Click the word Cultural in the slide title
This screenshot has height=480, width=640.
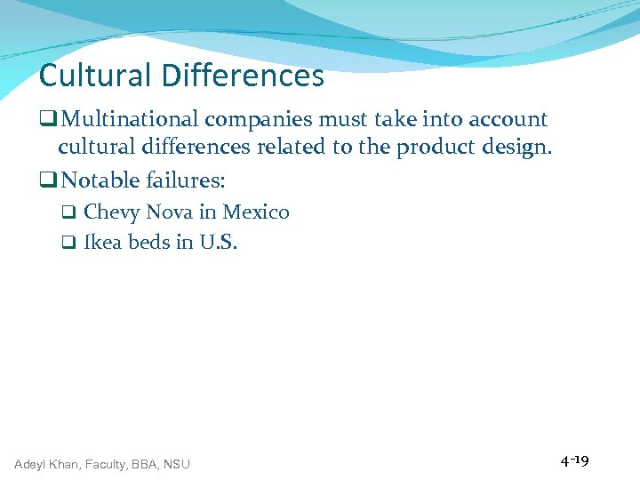click(x=96, y=76)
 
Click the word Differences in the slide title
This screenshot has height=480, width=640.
click(x=242, y=76)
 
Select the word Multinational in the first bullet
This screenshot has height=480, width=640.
click(x=133, y=119)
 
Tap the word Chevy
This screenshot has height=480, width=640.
click(x=112, y=212)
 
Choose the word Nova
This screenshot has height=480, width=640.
click(x=166, y=212)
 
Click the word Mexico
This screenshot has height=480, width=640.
click(x=256, y=212)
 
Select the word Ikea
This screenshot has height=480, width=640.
click(x=103, y=243)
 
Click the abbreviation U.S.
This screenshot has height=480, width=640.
click(x=219, y=243)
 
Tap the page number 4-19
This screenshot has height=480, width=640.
click(x=574, y=461)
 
